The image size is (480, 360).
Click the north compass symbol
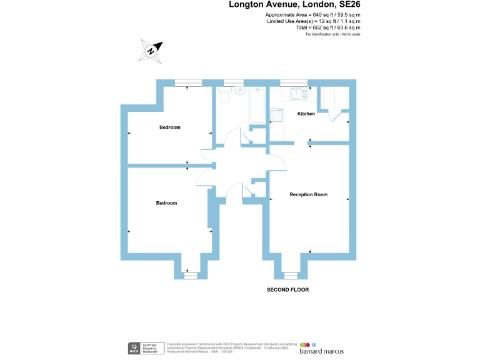point(152,51)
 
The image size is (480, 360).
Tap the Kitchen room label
point(306,114)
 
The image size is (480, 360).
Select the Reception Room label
point(308,194)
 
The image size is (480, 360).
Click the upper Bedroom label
point(169,127)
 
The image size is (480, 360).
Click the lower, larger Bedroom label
point(166,203)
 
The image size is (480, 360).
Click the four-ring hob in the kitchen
point(276,115)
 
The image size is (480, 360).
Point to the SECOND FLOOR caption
point(287,290)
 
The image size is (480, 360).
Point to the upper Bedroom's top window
point(188,82)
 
